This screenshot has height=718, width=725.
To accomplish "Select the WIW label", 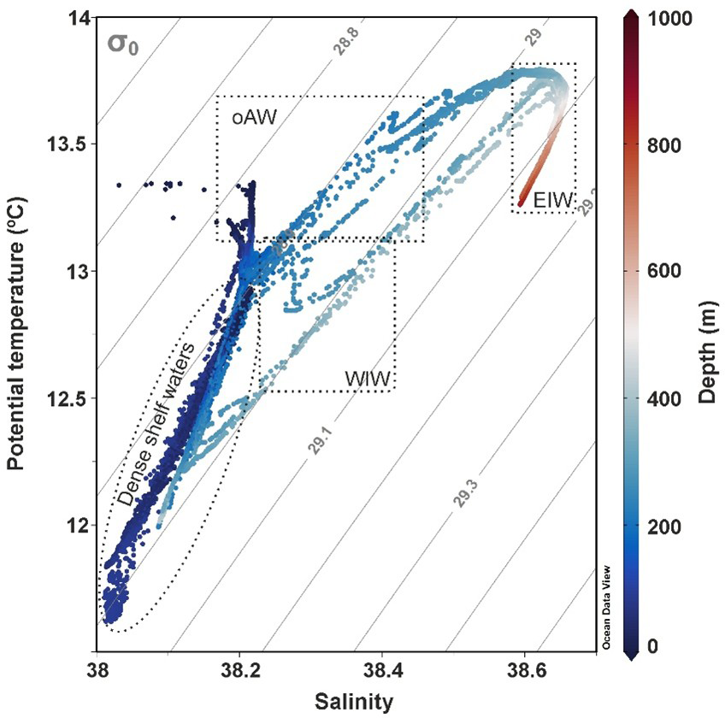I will pos(367,377).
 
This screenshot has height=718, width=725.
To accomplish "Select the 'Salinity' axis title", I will pos(354,702).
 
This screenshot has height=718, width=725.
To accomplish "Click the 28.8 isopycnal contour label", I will pos(346,42).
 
